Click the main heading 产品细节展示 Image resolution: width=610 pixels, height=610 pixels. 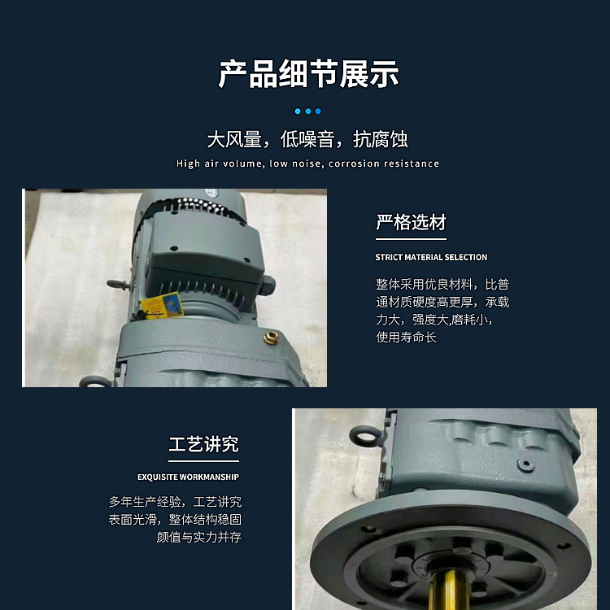(x=308, y=73)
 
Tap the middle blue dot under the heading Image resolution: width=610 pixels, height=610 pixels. (x=308, y=111)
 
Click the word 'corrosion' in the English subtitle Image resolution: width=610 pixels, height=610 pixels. (x=354, y=163)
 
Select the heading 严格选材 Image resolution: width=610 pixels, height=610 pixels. (x=411, y=222)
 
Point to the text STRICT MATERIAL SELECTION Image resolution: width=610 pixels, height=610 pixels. (x=431, y=257)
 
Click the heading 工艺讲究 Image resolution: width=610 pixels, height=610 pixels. (x=203, y=444)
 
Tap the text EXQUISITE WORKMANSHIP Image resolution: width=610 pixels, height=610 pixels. (x=188, y=477)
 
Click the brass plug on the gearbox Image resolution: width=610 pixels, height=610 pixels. (x=271, y=338)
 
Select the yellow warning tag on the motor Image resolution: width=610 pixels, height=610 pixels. (x=162, y=305)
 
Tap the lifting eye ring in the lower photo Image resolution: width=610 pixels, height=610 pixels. (x=364, y=436)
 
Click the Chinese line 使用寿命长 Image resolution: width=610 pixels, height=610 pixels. (x=406, y=337)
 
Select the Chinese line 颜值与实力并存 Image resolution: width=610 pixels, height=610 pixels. (x=198, y=537)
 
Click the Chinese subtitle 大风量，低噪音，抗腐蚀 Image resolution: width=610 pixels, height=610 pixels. (x=307, y=139)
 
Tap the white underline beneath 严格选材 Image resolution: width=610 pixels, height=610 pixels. (x=411, y=239)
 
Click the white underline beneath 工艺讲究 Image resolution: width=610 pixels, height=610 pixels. (x=203, y=461)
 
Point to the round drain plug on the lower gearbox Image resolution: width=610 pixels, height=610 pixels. (x=525, y=464)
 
